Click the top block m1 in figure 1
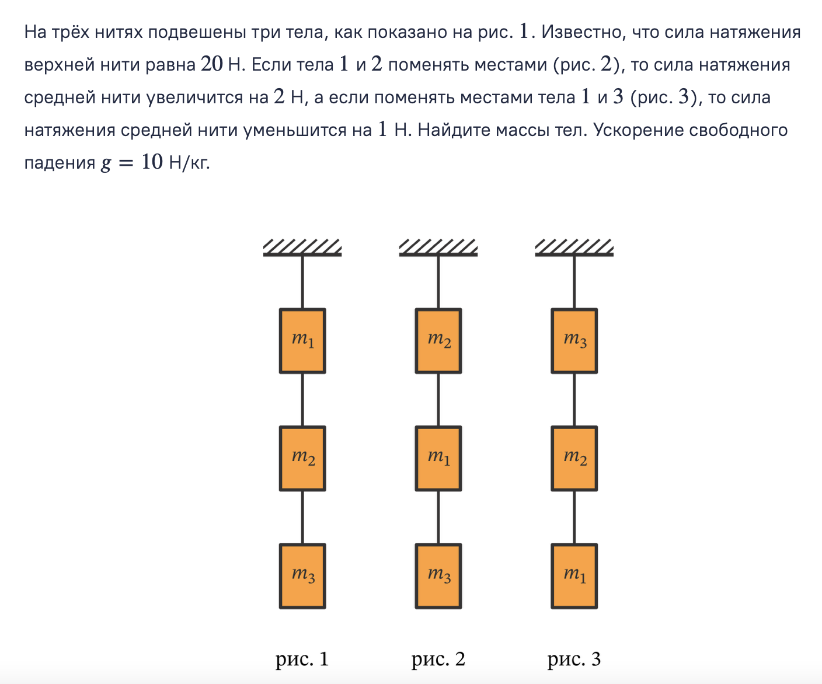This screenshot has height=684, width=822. [302, 341]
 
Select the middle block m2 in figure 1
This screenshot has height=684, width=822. [302, 458]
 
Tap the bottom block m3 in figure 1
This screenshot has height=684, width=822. [302, 576]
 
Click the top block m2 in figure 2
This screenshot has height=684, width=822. [438, 341]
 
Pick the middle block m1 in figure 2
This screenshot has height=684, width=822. [438, 458]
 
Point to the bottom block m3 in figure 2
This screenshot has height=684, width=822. [438, 576]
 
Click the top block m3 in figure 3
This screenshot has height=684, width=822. [574, 341]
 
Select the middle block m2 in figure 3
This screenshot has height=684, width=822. [574, 458]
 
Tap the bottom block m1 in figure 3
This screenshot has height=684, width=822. [574, 576]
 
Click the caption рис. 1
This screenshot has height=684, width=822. [302, 659]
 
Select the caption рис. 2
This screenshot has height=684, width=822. [438, 659]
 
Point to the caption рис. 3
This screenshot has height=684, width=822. [574, 659]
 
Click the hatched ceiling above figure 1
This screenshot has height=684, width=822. [302, 247]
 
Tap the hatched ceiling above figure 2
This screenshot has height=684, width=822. [438, 247]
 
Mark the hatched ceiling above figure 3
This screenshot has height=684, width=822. [574, 247]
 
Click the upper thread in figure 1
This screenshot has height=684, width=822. [302, 282]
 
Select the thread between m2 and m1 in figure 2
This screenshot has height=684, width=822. [438, 400]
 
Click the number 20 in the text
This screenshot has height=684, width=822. [211, 64]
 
